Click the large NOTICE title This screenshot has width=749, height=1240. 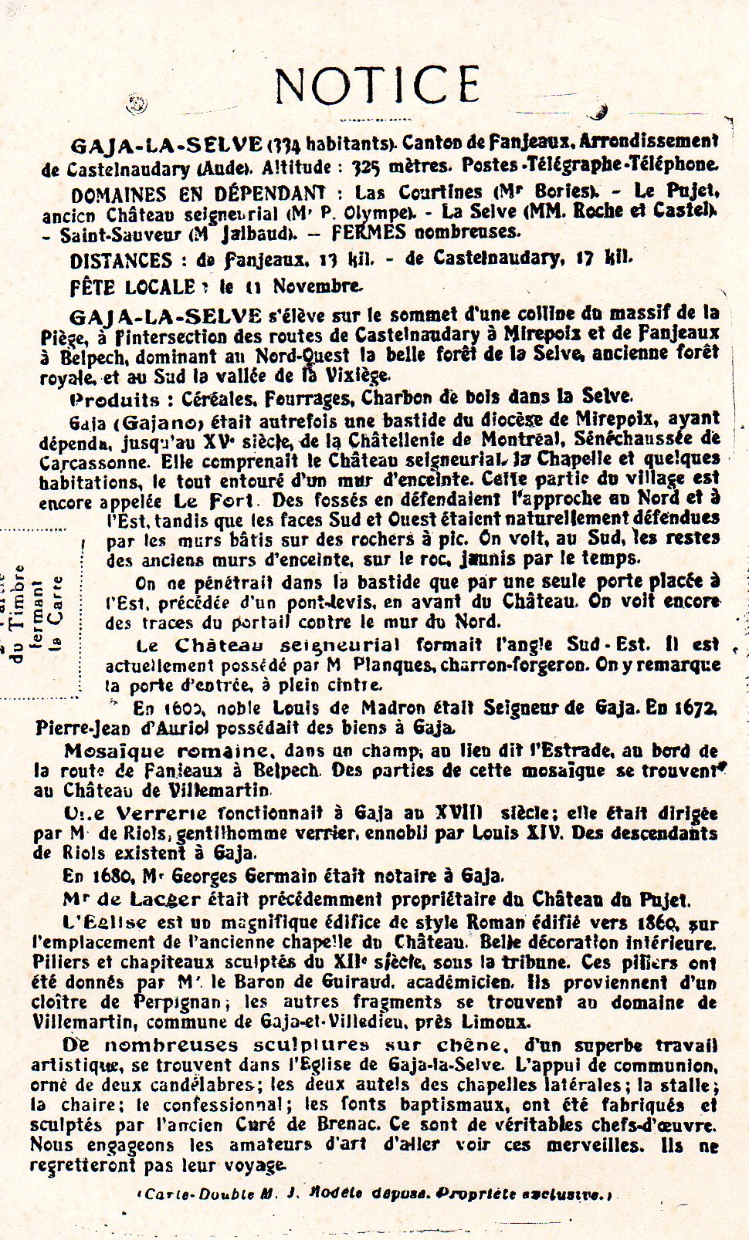tap(378, 85)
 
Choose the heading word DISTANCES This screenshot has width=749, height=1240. tap(120, 260)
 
